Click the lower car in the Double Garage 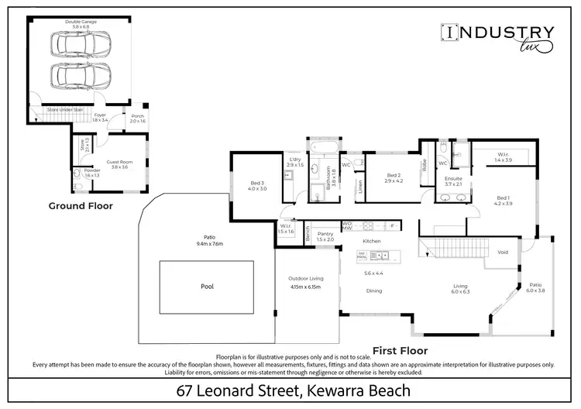pos(77,77)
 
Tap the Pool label pos(207,286)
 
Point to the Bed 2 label pos(394,176)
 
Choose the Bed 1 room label pos(504,198)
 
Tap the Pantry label pos(325,234)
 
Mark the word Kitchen pos(373,241)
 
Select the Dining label pos(373,290)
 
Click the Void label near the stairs pos(503,253)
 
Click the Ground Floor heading pos(81,206)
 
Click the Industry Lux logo pos(497,36)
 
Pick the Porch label pos(138,116)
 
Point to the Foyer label pos(99,115)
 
